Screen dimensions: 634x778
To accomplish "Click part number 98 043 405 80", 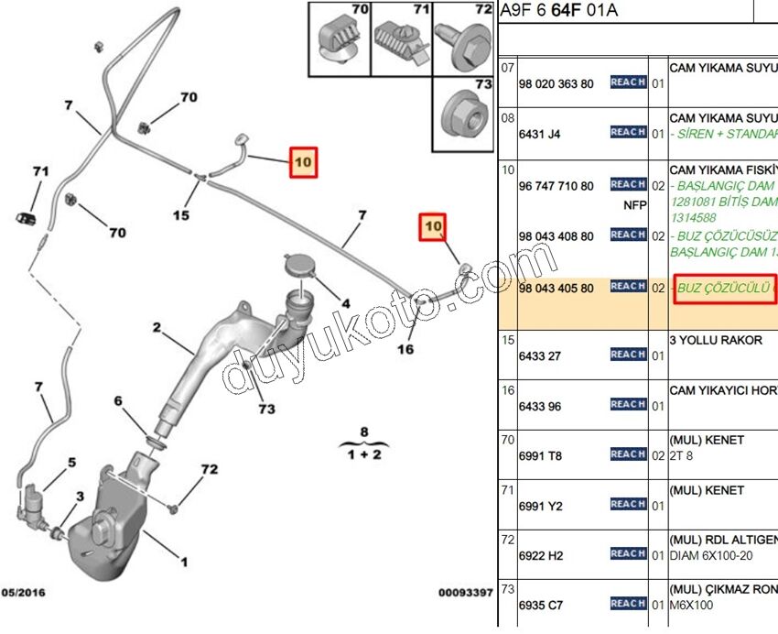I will [556, 289].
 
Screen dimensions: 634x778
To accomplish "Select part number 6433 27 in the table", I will [540, 356].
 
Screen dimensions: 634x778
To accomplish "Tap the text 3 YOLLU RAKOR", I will [716, 340].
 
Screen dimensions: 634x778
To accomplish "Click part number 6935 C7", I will [541, 606].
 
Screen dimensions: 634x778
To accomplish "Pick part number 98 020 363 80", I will [556, 84].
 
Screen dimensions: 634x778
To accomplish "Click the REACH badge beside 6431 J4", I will [628, 133].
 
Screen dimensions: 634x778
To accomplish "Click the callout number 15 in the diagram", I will [181, 215].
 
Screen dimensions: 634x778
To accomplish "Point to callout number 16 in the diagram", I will [405, 349].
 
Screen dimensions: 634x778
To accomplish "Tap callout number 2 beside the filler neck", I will [157, 327].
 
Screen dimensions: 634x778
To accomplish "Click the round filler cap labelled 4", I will [299, 267].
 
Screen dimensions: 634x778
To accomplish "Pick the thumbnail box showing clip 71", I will [400, 39].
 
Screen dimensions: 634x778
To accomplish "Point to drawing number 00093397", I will [465, 593].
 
